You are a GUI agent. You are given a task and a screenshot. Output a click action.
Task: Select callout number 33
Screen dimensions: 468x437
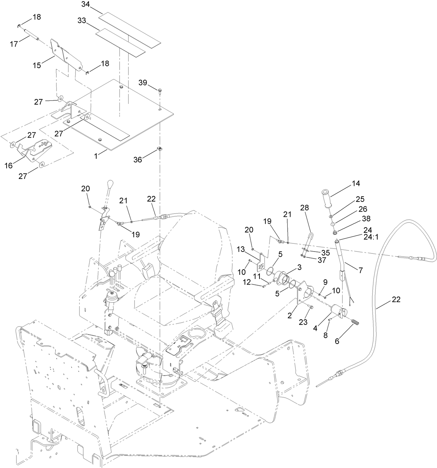[82, 20]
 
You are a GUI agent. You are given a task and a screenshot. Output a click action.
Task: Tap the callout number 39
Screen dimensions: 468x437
[143, 82]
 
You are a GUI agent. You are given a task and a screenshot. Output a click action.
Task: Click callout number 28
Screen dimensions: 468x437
[304, 207]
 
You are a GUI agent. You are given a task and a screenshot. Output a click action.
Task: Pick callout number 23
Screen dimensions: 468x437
[303, 322]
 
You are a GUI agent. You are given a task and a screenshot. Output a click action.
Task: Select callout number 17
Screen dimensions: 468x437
[14, 44]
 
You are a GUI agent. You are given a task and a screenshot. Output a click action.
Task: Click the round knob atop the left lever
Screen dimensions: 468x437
[110, 183]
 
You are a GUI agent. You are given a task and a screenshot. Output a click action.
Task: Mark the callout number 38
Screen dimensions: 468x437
[366, 219]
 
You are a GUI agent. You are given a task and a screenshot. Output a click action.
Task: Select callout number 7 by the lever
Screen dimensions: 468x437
[361, 270]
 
